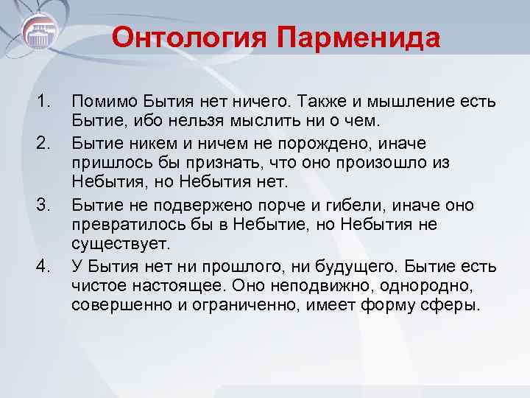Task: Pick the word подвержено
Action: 207,203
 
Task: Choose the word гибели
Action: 350,203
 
